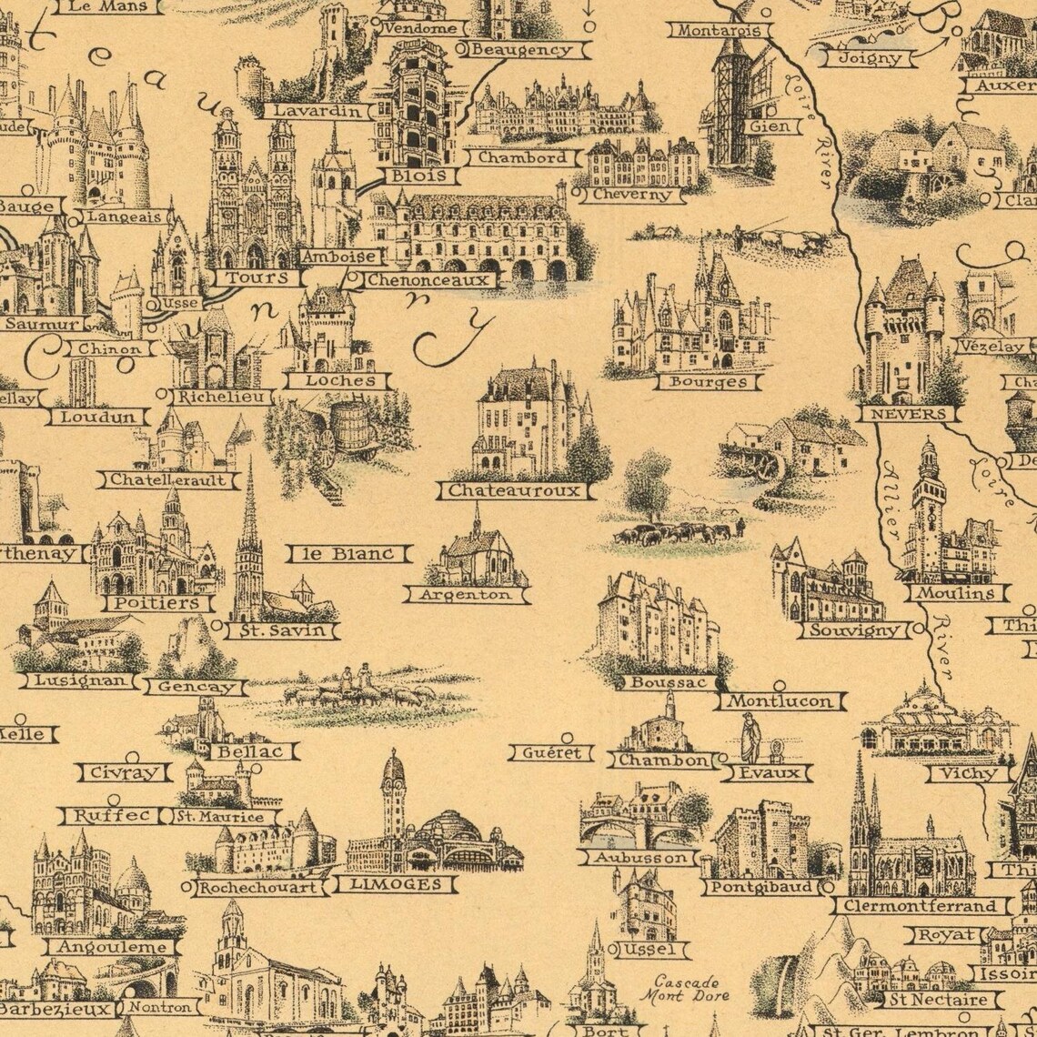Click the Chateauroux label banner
pos(515,491)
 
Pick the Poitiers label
pos(157,603)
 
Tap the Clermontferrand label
pos(921,906)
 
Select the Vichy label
pos(968,774)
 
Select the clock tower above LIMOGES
pos(393,791)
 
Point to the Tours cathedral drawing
pos(254,196)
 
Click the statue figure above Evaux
pos(750,738)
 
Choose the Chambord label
pos(522,157)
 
